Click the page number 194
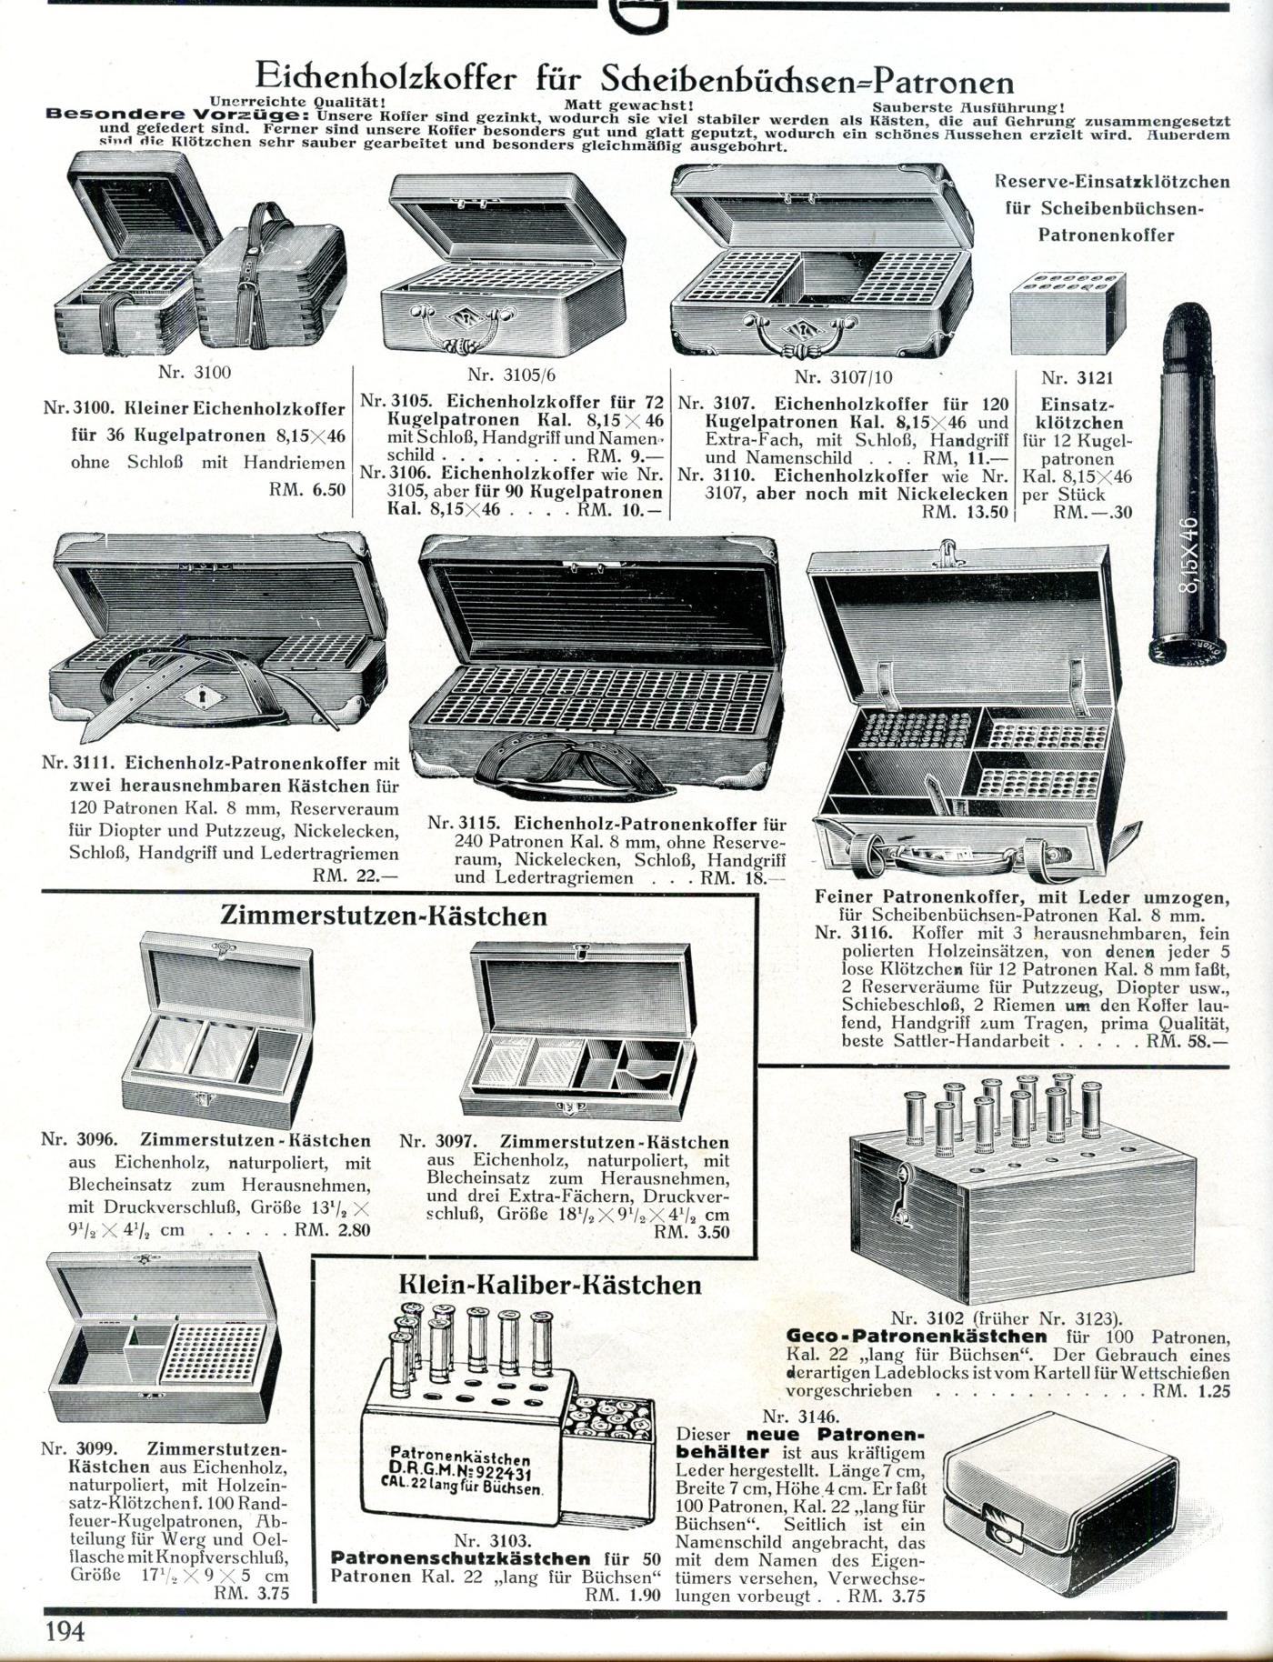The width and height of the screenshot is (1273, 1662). [x=65, y=1632]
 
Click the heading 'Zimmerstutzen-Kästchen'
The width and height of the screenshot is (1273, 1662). [x=384, y=916]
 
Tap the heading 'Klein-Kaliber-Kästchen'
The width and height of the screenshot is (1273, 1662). [x=550, y=1285]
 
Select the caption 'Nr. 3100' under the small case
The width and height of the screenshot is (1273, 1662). [x=195, y=372]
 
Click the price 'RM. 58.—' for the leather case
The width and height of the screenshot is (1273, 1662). [x=1187, y=1042]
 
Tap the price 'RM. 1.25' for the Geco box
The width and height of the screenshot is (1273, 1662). [x=1191, y=1391]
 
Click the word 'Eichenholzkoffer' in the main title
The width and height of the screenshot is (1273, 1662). [x=386, y=78]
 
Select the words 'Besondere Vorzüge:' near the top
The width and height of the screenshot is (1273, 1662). [x=179, y=115]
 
